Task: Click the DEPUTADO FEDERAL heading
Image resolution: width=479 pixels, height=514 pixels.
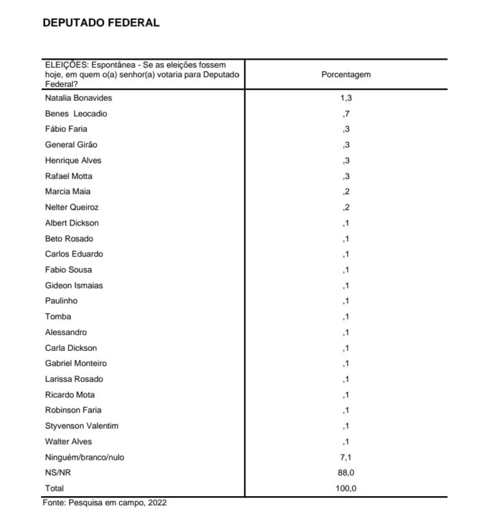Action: pos(101,23)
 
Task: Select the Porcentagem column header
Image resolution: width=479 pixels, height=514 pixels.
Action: pos(346,75)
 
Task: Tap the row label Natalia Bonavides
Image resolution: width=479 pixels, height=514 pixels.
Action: pos(78,98)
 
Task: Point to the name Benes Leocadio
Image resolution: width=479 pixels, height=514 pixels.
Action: pos(76,114)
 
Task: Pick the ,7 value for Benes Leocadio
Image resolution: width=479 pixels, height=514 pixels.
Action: pos(346,114)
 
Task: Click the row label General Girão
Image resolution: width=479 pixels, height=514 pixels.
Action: pos(71,145)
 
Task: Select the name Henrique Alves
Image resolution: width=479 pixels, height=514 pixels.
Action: pos(73,160)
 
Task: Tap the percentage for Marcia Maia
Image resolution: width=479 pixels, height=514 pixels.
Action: pos(346,192)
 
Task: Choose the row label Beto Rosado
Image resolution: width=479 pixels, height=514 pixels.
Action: pos(69,238)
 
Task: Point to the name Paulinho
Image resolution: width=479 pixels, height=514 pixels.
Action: pos(62,301)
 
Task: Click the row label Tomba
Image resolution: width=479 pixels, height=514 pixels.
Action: pos(57,317)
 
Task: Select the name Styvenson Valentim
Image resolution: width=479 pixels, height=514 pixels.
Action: pos(81,426)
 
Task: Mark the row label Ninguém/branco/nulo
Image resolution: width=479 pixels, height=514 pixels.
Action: pos(84,457)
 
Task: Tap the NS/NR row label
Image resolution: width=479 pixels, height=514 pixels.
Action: pos(58,473)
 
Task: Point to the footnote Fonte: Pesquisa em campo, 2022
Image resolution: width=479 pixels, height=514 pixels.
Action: pos(105,502)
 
